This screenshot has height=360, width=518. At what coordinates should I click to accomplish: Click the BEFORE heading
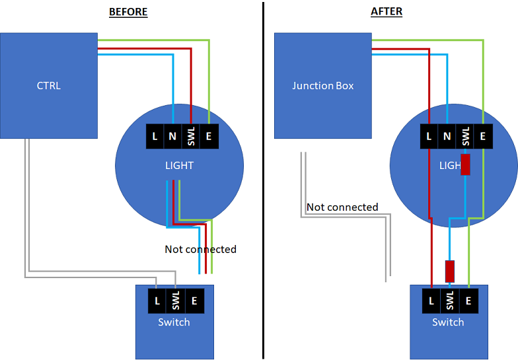tap(128, 12)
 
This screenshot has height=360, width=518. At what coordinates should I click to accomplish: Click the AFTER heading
tap(387, 12)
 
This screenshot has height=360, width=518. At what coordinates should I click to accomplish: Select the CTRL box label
tap(49, 86)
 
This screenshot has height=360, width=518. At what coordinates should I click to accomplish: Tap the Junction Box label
tap(322, 86)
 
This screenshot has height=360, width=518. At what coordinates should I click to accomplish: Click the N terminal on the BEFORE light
tap(172, 136)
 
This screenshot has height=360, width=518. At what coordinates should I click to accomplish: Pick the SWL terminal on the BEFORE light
tap(190, 136)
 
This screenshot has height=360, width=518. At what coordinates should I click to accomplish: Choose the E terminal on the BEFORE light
tap(209, 136)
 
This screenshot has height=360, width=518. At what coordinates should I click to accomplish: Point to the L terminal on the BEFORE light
tap(155, 136)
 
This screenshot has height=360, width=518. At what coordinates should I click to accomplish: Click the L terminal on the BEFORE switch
tap(157, 301)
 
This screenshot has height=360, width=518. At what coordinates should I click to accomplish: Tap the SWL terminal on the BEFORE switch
tap(176, 301)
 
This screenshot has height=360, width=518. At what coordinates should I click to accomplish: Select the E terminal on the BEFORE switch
tap(194, 301)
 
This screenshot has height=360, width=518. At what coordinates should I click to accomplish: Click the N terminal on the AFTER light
tap(447, 136)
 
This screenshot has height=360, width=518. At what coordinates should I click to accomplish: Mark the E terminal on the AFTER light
tap(483, 136)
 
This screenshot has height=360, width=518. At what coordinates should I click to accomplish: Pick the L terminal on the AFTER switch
tap(431, 301)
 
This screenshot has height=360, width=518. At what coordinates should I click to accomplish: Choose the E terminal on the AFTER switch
tap(468, 301)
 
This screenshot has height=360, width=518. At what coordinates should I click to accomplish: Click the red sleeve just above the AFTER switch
tap(449, 271)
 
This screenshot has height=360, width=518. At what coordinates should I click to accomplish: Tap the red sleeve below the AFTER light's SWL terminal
tap(465, 164)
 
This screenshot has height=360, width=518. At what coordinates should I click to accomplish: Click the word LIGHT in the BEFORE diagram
tap(180, 165)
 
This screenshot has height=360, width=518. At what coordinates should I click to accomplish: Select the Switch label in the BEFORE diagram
tap(174, 322)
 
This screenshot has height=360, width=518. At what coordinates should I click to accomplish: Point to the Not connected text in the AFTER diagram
tap(342, 207)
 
